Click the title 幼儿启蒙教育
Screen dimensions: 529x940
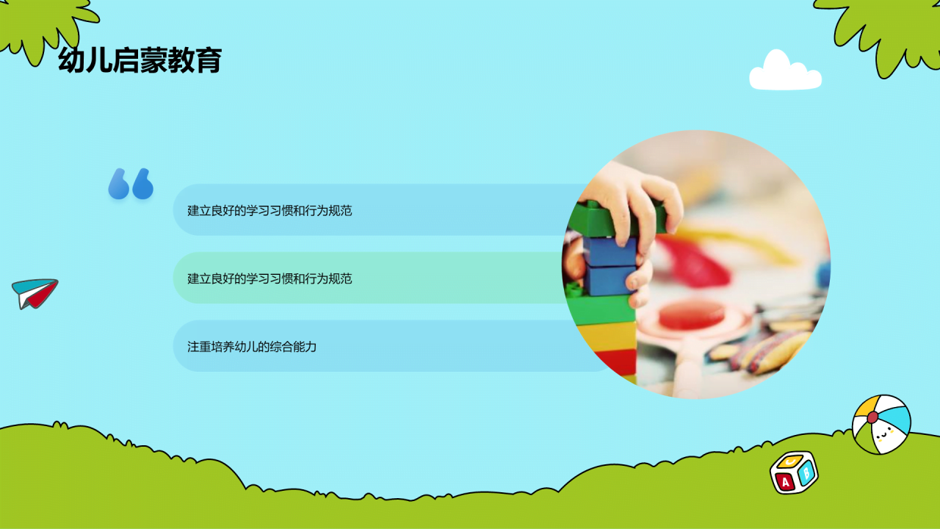140,60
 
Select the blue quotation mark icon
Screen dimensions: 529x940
131,184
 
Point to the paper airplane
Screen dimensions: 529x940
34,293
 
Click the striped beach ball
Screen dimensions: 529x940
881,424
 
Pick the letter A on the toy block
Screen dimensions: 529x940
785,482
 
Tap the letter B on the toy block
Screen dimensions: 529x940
806,472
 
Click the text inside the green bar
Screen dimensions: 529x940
270,278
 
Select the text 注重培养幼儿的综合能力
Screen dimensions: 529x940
252,346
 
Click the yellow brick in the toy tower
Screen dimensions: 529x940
607,336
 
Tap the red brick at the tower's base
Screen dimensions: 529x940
615,361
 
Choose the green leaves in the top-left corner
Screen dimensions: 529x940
44,22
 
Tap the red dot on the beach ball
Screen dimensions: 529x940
872,417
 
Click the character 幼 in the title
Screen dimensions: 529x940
71,60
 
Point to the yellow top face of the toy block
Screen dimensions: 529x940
790,461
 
